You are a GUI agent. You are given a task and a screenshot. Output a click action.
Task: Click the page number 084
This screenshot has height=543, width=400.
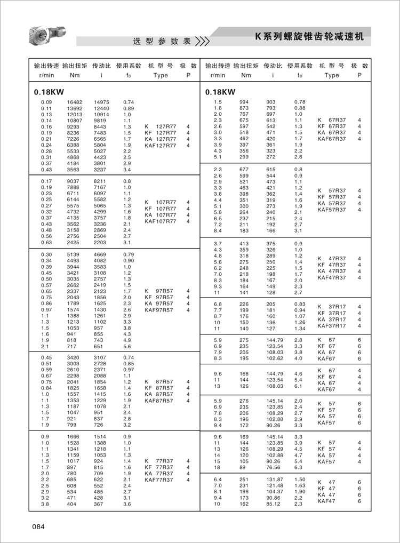[x=37, y=528]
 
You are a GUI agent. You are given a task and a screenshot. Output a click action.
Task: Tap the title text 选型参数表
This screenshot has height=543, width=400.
[x=162, y=42]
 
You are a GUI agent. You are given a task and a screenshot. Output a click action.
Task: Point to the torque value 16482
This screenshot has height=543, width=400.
[x=75, y=102]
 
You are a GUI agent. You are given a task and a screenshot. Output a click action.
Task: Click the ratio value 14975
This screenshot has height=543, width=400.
[x=101, y=102]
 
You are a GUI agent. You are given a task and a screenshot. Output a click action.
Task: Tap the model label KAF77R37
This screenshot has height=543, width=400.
[x=159, y=480]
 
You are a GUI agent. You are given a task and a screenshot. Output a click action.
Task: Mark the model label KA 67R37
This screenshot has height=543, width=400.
[x=331, y=133]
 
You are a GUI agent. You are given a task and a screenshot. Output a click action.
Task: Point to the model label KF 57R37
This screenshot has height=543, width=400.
[x=331, y=197]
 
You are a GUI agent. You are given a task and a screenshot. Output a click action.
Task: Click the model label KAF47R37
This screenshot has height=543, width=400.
[x=331, y=277]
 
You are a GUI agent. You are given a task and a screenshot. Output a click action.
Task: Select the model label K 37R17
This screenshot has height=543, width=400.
[x=331, y=307]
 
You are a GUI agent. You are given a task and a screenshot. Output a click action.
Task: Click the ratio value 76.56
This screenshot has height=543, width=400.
[x=274, y=467]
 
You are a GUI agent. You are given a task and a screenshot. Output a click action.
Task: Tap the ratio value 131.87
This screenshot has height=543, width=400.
[x=274, y=480]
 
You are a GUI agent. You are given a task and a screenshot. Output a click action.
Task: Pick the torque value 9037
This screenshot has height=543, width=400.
[x=74, y=181]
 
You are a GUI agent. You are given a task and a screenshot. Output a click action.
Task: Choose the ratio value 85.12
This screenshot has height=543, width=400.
[x=274, y=504]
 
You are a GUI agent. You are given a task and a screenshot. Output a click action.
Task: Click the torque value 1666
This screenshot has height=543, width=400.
[x=74, y=437]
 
